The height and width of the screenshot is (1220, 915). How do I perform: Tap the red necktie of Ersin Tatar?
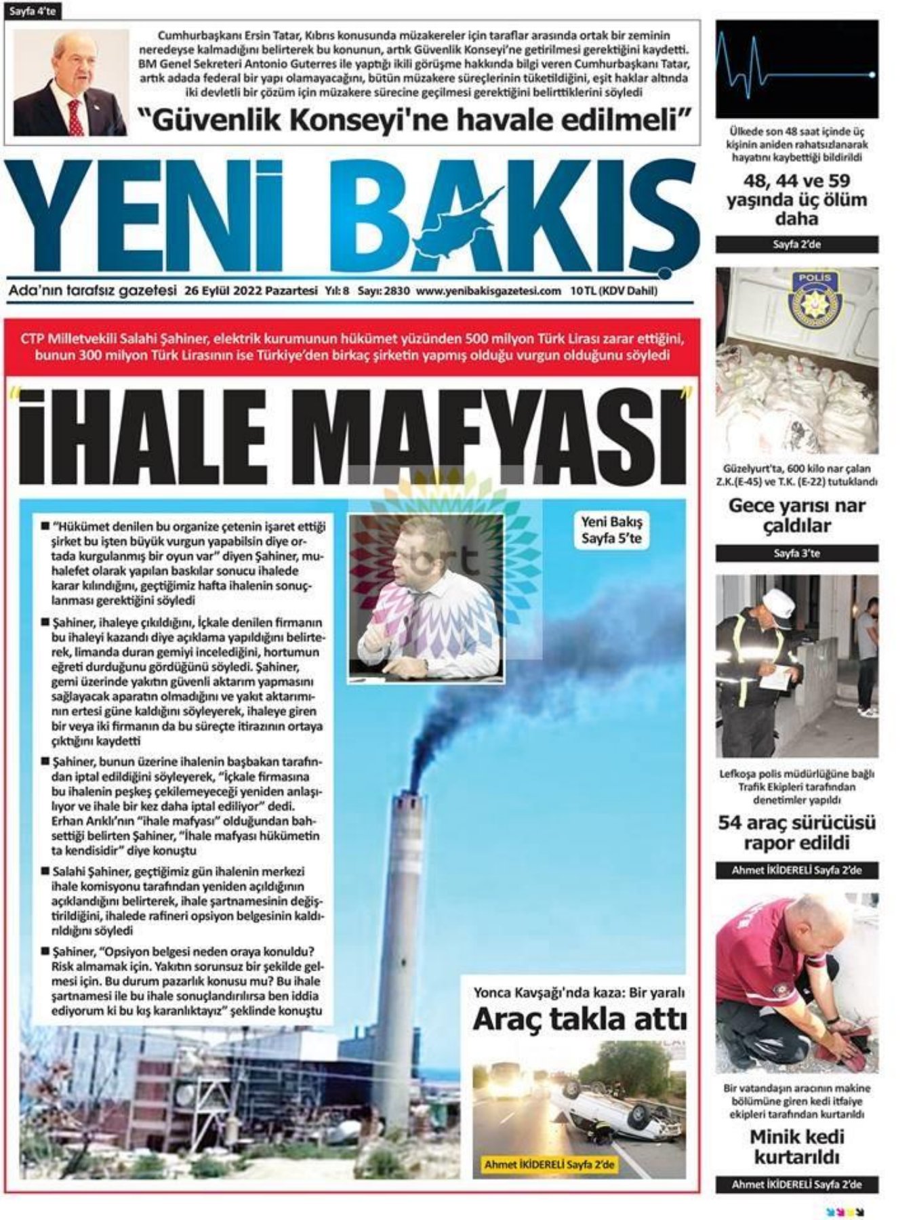click(x=75, y=116)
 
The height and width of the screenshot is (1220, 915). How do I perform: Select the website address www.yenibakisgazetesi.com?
click(x=488, y=291)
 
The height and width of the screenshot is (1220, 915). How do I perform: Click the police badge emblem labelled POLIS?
click(x=811, y=298)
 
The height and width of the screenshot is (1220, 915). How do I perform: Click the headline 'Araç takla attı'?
click(x=579, y=1019)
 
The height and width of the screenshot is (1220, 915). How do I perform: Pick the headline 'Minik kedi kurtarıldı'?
click(x=796, y=1147)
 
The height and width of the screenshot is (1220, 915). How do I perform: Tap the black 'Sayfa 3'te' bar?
click(x=796, y=554)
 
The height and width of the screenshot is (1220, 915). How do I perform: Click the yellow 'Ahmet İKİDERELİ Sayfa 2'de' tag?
click(x=549, y=1164)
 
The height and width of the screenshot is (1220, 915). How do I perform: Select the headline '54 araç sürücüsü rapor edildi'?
click(x=796, y=833)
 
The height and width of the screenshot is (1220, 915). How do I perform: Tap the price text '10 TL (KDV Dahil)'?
click(x=613, y=291)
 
